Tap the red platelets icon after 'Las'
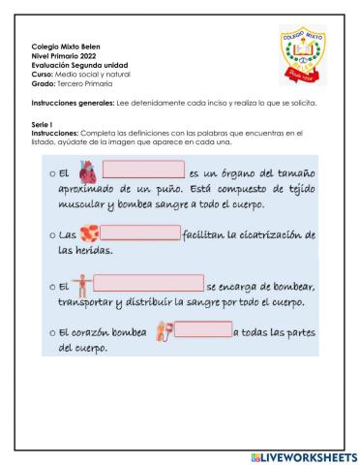pyautogui.click(x=89, y=235)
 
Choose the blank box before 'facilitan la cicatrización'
pyautogui.click(x=140, y=233)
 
